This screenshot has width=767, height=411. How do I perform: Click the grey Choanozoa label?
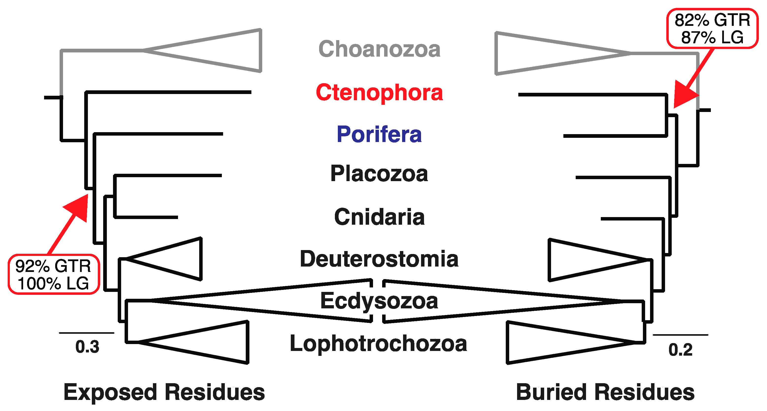(x=379, y=49)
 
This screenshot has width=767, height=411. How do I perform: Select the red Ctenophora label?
(x=379, y=93)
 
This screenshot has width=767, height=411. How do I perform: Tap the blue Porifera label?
(x=379, y=135)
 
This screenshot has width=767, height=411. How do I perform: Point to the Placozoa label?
(x=379, y=174)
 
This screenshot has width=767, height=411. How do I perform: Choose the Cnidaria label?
(x=379, y=217)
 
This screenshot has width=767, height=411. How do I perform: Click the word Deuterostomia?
(x=379, y=259)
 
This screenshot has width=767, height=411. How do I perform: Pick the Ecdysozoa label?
(x=379, y=301)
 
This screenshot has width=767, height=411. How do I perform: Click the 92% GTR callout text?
(x=53, y=266)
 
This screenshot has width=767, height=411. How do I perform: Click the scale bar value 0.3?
(x=87, y=347)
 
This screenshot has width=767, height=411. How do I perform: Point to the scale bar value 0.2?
(x=680, y=350)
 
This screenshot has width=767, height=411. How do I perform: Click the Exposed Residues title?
(x=164, y=392)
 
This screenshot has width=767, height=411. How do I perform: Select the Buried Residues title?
(x=605, y=392)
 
